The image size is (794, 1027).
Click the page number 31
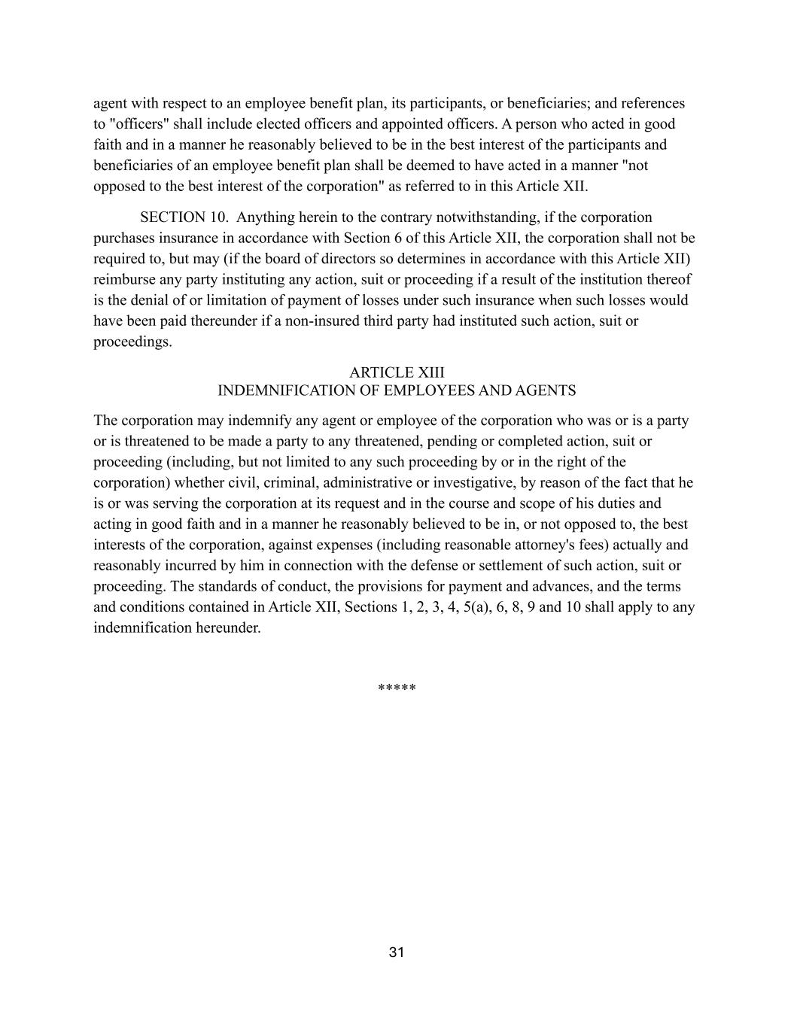coord(397,953)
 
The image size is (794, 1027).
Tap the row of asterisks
coord(397,688)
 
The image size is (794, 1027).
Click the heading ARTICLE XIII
coord(397,372)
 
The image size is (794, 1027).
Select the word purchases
coord(125,239)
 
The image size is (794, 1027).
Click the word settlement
coord(454,566)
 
